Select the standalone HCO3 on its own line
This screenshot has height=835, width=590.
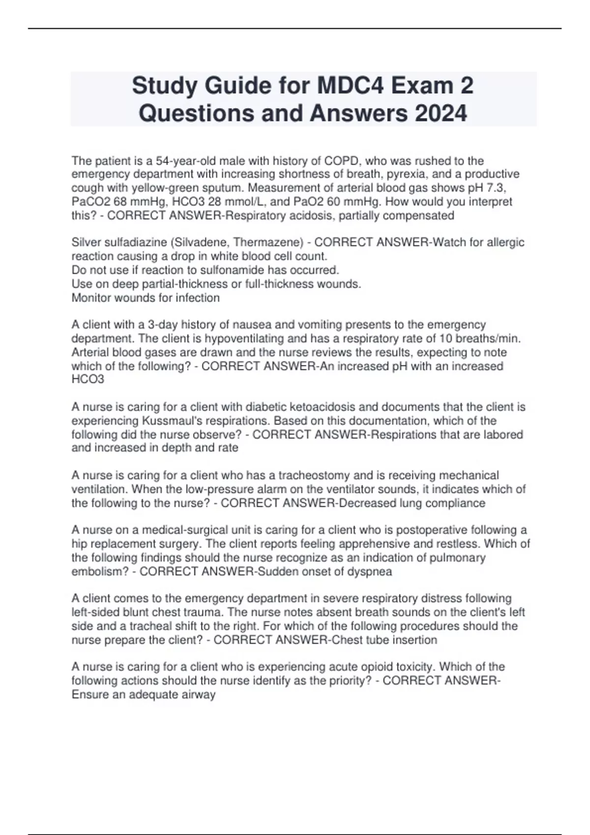(x=88, y=380)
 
